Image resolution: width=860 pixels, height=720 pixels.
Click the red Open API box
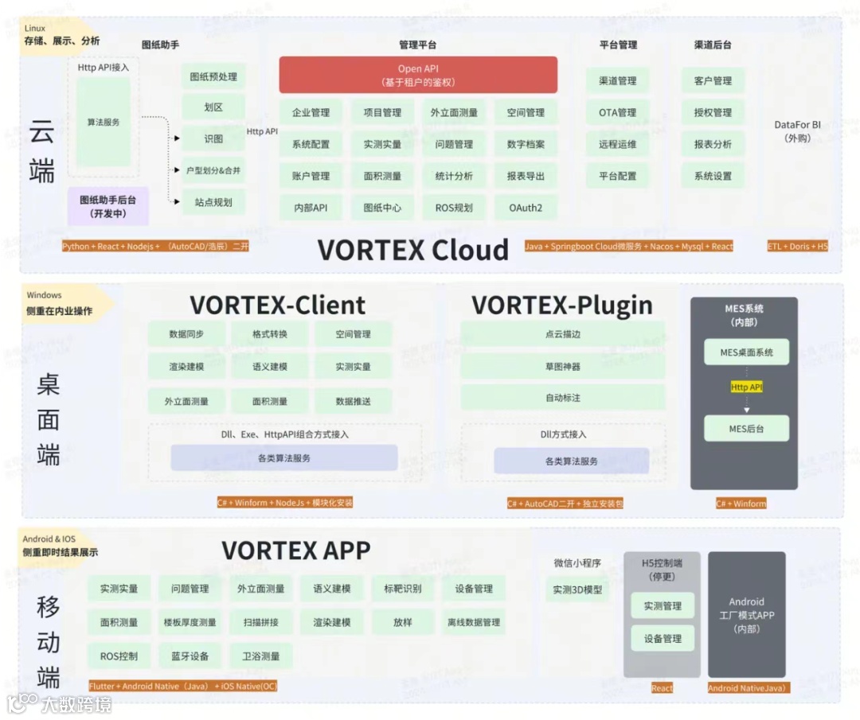coord(417,76)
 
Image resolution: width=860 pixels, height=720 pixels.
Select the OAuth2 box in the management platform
coord(526,208)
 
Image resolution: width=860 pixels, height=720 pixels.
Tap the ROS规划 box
coord(454,208)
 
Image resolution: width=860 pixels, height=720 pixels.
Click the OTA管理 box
coord(617,112)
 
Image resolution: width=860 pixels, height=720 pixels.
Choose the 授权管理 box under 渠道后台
coord(713,112)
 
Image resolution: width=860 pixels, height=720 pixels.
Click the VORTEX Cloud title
coord(412,250)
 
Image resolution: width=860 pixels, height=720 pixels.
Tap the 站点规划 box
coord(213,202)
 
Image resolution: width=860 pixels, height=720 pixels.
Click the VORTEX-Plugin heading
coord(561,305)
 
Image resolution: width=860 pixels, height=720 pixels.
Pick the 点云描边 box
coord(562,334)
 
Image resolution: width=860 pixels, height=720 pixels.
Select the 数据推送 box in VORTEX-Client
coord(353,401)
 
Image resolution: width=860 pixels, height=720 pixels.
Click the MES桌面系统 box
coord(746,352)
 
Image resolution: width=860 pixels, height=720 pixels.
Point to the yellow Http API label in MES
coord(746,387)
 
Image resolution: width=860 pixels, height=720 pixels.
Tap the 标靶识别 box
coord(402,589)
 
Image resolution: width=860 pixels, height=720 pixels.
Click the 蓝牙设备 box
coord(190,656)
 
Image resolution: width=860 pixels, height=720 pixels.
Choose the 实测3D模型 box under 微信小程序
coord(577,590)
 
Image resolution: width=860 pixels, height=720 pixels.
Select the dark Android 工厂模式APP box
coord(746,614)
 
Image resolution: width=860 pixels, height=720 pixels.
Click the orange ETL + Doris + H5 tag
coord(797,247)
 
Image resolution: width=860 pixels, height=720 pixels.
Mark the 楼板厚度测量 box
coord(190,622)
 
